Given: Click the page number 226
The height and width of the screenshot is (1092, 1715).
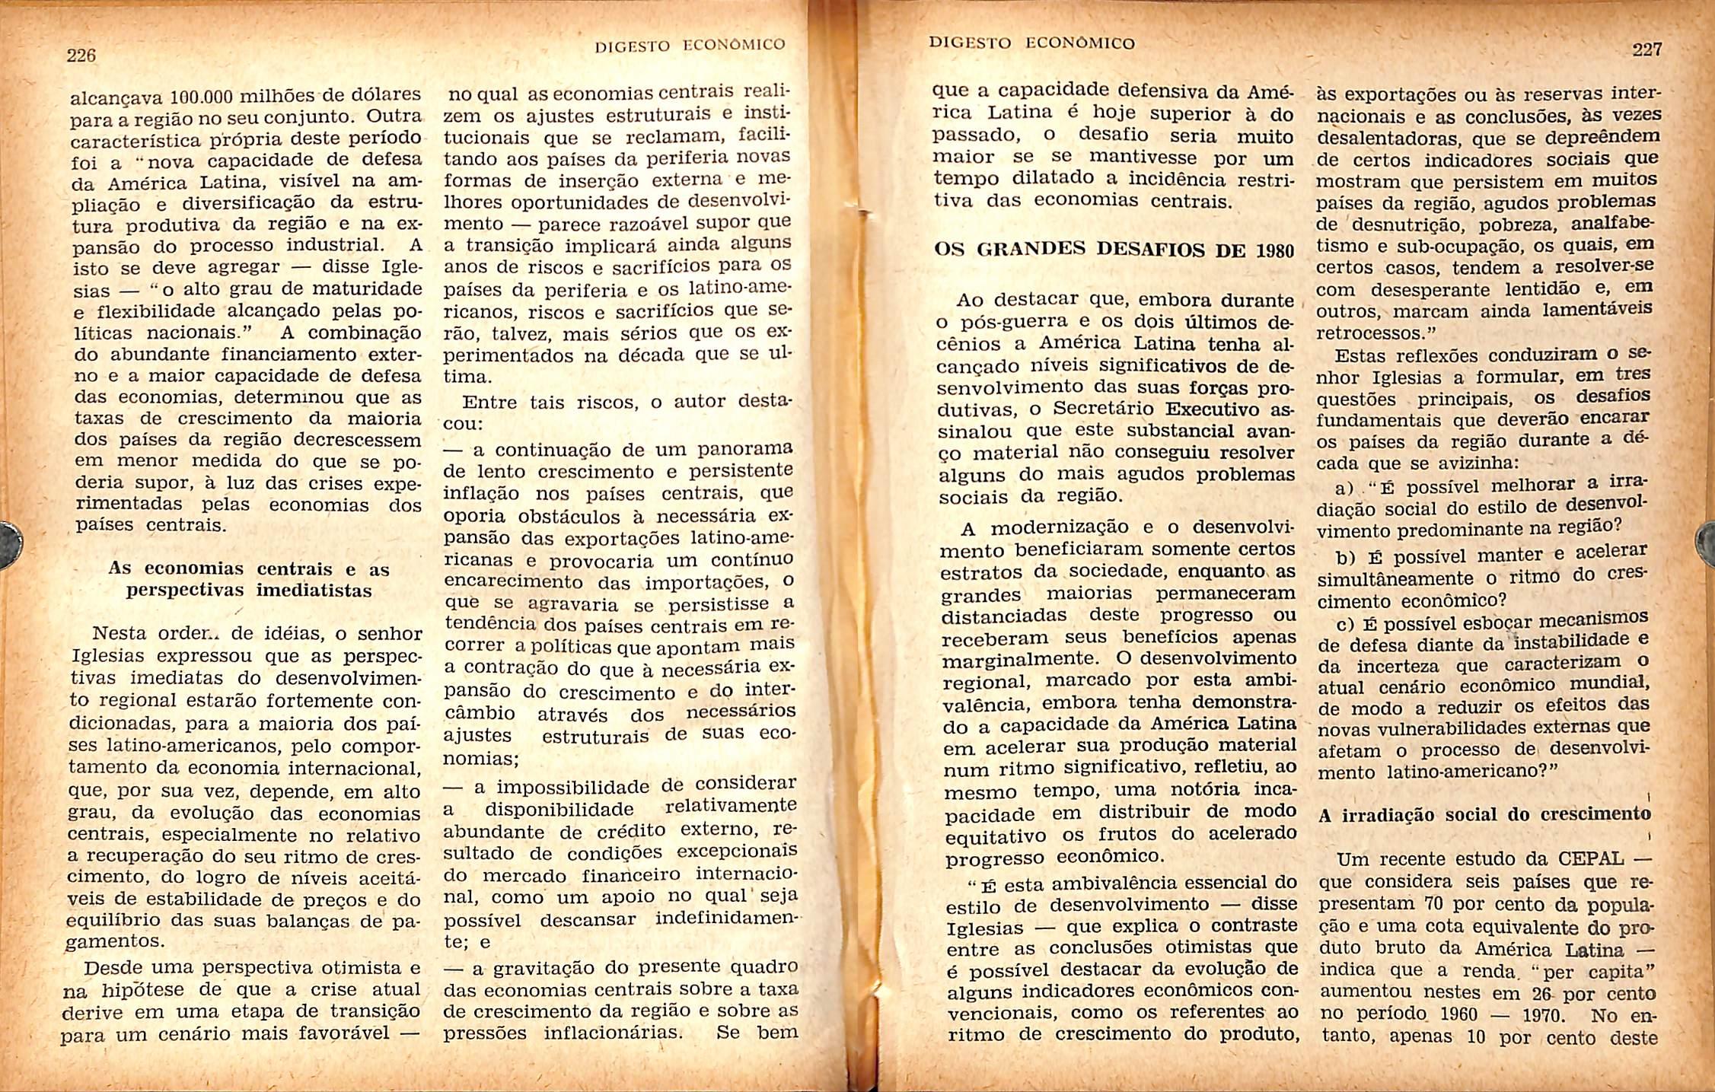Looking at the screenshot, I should pyautogui.click(x=81, y=56).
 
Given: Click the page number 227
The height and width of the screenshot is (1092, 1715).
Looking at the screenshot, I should pyautogui.click(x=1647, y=49).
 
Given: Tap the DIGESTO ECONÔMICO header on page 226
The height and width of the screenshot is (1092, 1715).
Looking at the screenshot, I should pyautogui.click(x=689, y=45).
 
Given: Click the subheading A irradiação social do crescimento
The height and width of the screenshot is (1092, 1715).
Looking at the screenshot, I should pyautogui.click(x=1484, y=815).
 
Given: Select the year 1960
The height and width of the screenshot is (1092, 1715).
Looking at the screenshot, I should pyautogui.click(x=1451, y=1014).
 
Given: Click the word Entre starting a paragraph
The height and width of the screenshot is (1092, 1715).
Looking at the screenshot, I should pyautogui.click(x=491, y=403).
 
